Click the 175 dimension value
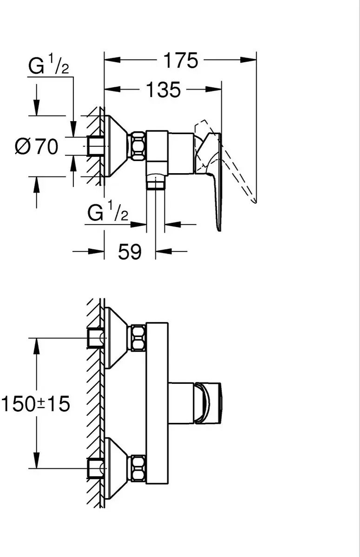click(181, 60)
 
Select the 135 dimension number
click(164, 90)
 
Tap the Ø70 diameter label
click(37, 147)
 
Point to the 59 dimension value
click(130, 252)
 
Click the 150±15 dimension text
click(36, 404)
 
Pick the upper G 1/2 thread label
click(48, 65)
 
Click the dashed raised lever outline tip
click(255, 202)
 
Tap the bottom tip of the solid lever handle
click(219, 230)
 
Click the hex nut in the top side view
click(138, 146)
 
